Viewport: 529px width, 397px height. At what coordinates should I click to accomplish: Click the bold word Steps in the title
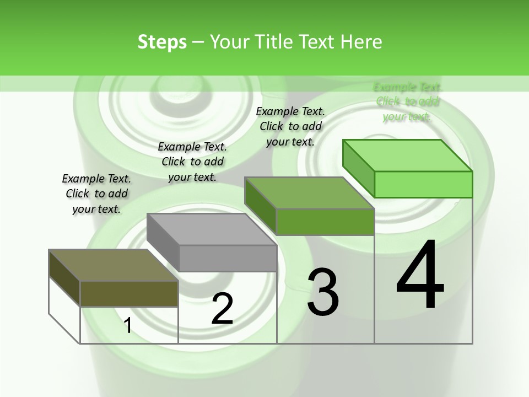click(x=162, y=42)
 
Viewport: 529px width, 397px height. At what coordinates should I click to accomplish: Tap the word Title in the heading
click(x=273, y=42)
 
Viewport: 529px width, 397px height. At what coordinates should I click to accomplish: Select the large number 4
click(x=420, y=276)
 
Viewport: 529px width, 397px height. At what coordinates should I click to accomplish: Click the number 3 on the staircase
click(x=323, y=292)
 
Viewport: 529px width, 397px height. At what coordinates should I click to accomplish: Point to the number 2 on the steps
click(x=222, y=309)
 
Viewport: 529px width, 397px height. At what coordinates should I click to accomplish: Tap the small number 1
click(x=128, y=325)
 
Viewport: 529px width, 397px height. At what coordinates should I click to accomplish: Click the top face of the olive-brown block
click(x=113, y=265)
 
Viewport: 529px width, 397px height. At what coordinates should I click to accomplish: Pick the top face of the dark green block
click(x=309, y=193)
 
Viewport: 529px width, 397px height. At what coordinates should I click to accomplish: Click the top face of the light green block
click(x=407, y=155)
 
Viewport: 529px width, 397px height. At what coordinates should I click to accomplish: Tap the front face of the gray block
click(x=228, y=258)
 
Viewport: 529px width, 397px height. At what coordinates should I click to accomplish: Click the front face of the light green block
click(x=423, y=184)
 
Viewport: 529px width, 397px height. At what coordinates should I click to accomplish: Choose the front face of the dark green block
click(x=325, y=222)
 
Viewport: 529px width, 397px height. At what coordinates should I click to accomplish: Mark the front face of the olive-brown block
click(x=129, y=293)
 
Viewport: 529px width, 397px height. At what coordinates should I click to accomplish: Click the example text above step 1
click(x=96, y=194)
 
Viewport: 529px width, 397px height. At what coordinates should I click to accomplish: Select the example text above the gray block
click(x=192, y=162)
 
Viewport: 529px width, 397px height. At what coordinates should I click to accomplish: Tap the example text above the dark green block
click(x=290, y=126)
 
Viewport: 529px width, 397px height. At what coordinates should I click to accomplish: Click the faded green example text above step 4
click(x=407, y=101)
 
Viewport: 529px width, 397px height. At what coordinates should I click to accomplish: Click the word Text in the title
click(x=317, y=42)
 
